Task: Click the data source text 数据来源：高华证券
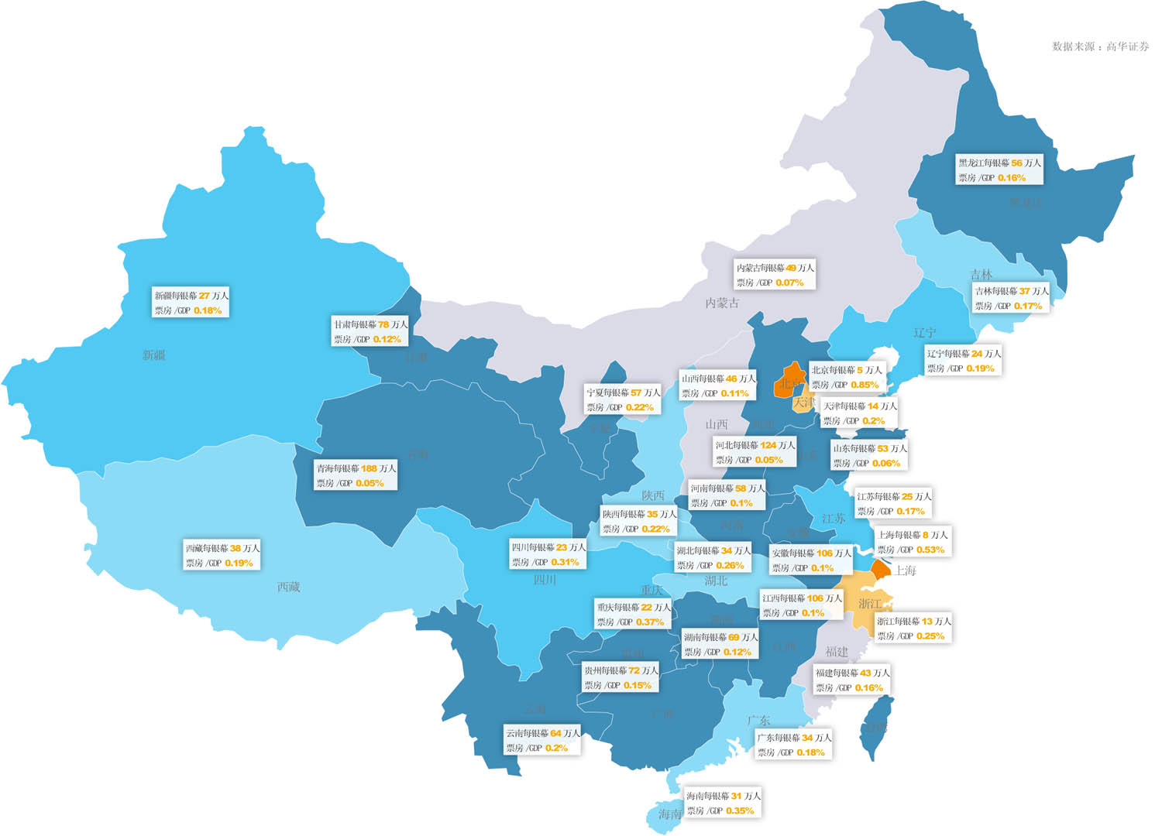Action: tap(1100, 46)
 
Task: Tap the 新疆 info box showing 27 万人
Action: tap(191, 303)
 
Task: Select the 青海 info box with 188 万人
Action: tap(356, 475)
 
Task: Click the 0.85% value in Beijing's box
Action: tap(864, 385)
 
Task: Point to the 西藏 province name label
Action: tap(288, 588)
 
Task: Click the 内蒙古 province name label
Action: tap(721, 303)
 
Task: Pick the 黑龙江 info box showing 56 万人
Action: tap(999, 170)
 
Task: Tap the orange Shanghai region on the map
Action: tap(881, 570)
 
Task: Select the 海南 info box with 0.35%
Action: tap(723, 803)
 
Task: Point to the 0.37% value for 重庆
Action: tap(649, 622)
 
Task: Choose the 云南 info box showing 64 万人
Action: tap(542, 740)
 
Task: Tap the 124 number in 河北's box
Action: tap(768, 445)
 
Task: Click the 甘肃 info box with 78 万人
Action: tap(370, 331)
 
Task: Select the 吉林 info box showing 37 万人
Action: tap(1011, 298)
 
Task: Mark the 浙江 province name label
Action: tap(870, 604)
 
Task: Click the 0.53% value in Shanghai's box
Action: tap(930, 550)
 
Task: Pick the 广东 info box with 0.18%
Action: tap(793, 745)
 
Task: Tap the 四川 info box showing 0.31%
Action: tap(548, 554)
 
